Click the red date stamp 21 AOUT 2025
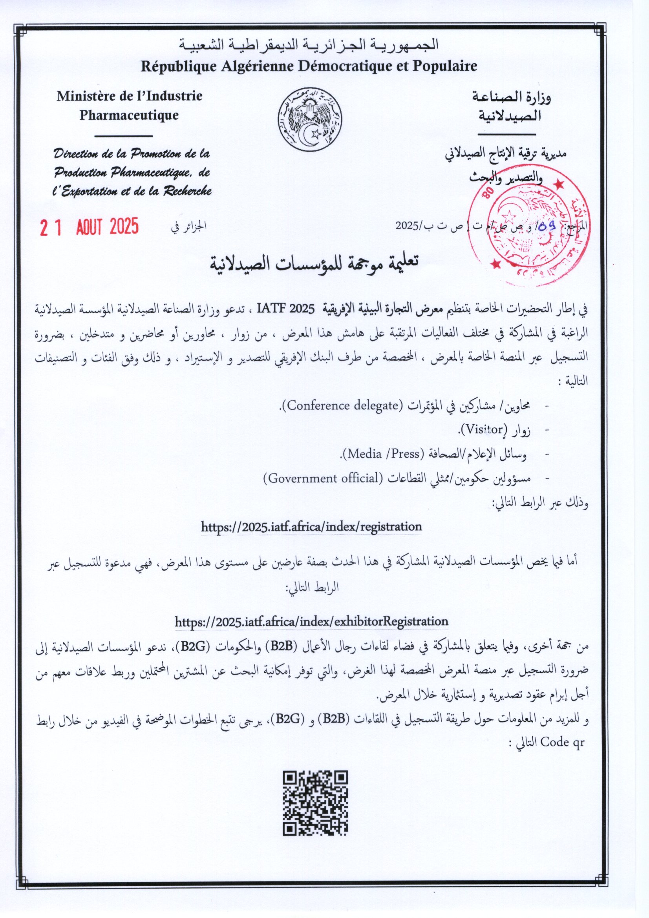point(89,227)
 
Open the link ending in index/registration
point(311,527)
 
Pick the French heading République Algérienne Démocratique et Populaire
point(309,66)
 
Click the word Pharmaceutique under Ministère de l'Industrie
point(129,115)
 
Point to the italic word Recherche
point(187,191)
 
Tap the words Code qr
point(562,742)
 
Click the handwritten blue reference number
point(547,226)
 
